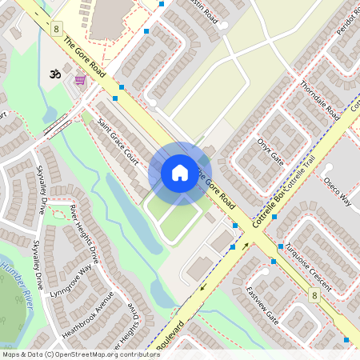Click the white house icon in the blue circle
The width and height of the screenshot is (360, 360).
tap(180, 173)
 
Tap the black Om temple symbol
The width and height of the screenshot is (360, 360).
tap(56, 74)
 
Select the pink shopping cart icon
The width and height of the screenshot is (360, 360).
tap(80, 80)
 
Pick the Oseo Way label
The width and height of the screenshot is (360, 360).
tap(337, 192)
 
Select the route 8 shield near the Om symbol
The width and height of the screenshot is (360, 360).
tap(56, 28)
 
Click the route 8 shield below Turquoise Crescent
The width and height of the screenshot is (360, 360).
tap(314, 296)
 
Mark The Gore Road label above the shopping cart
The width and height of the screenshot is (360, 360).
tap(84, 57)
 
